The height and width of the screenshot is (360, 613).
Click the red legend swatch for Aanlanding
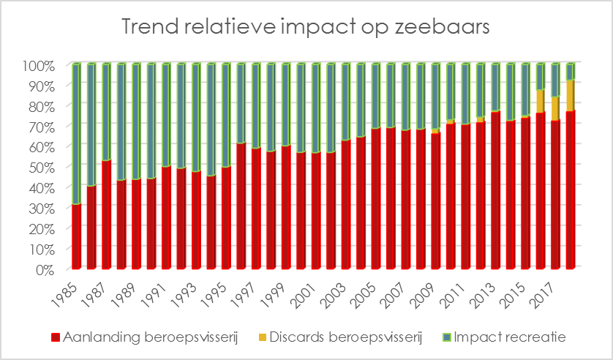tap(56, 337)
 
